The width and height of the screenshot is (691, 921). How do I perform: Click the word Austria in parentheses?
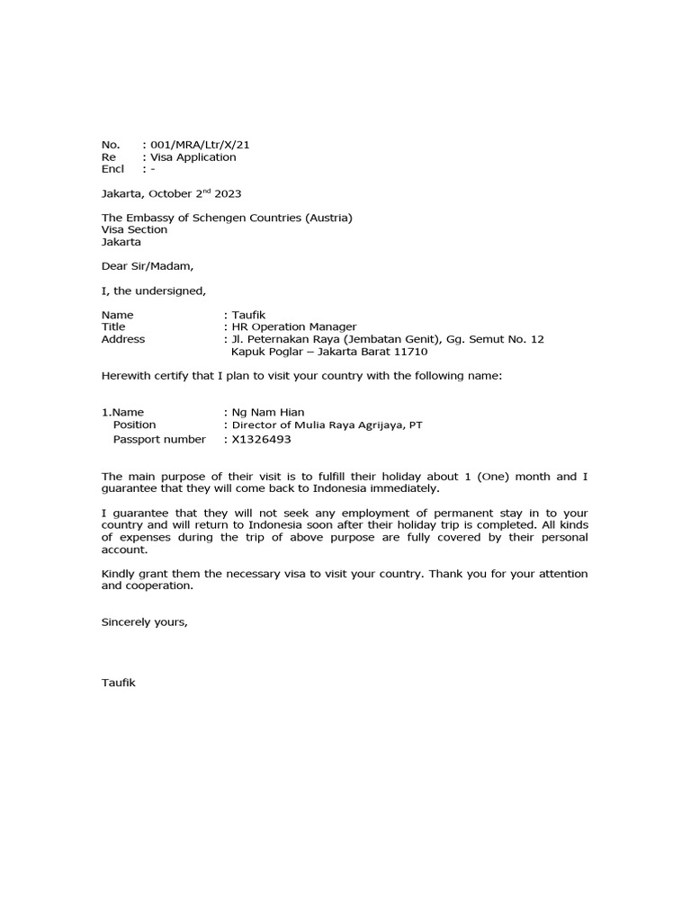[x=328, y=218]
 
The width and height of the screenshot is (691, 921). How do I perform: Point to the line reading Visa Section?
[x=134, y=229]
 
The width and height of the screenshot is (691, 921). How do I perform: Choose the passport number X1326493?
[x=262, y=440]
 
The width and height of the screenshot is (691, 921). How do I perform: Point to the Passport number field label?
[x=158, y=440]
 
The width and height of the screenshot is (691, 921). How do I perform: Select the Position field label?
[x=134, y=425]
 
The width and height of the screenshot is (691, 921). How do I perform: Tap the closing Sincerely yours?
[x=145, y=621]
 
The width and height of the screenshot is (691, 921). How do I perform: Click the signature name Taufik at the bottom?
[x=119, y=683]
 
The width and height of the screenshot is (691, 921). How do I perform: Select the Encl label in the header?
[x=112, y=168]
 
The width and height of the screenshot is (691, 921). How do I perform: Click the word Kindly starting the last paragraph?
[x=121, y=574]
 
